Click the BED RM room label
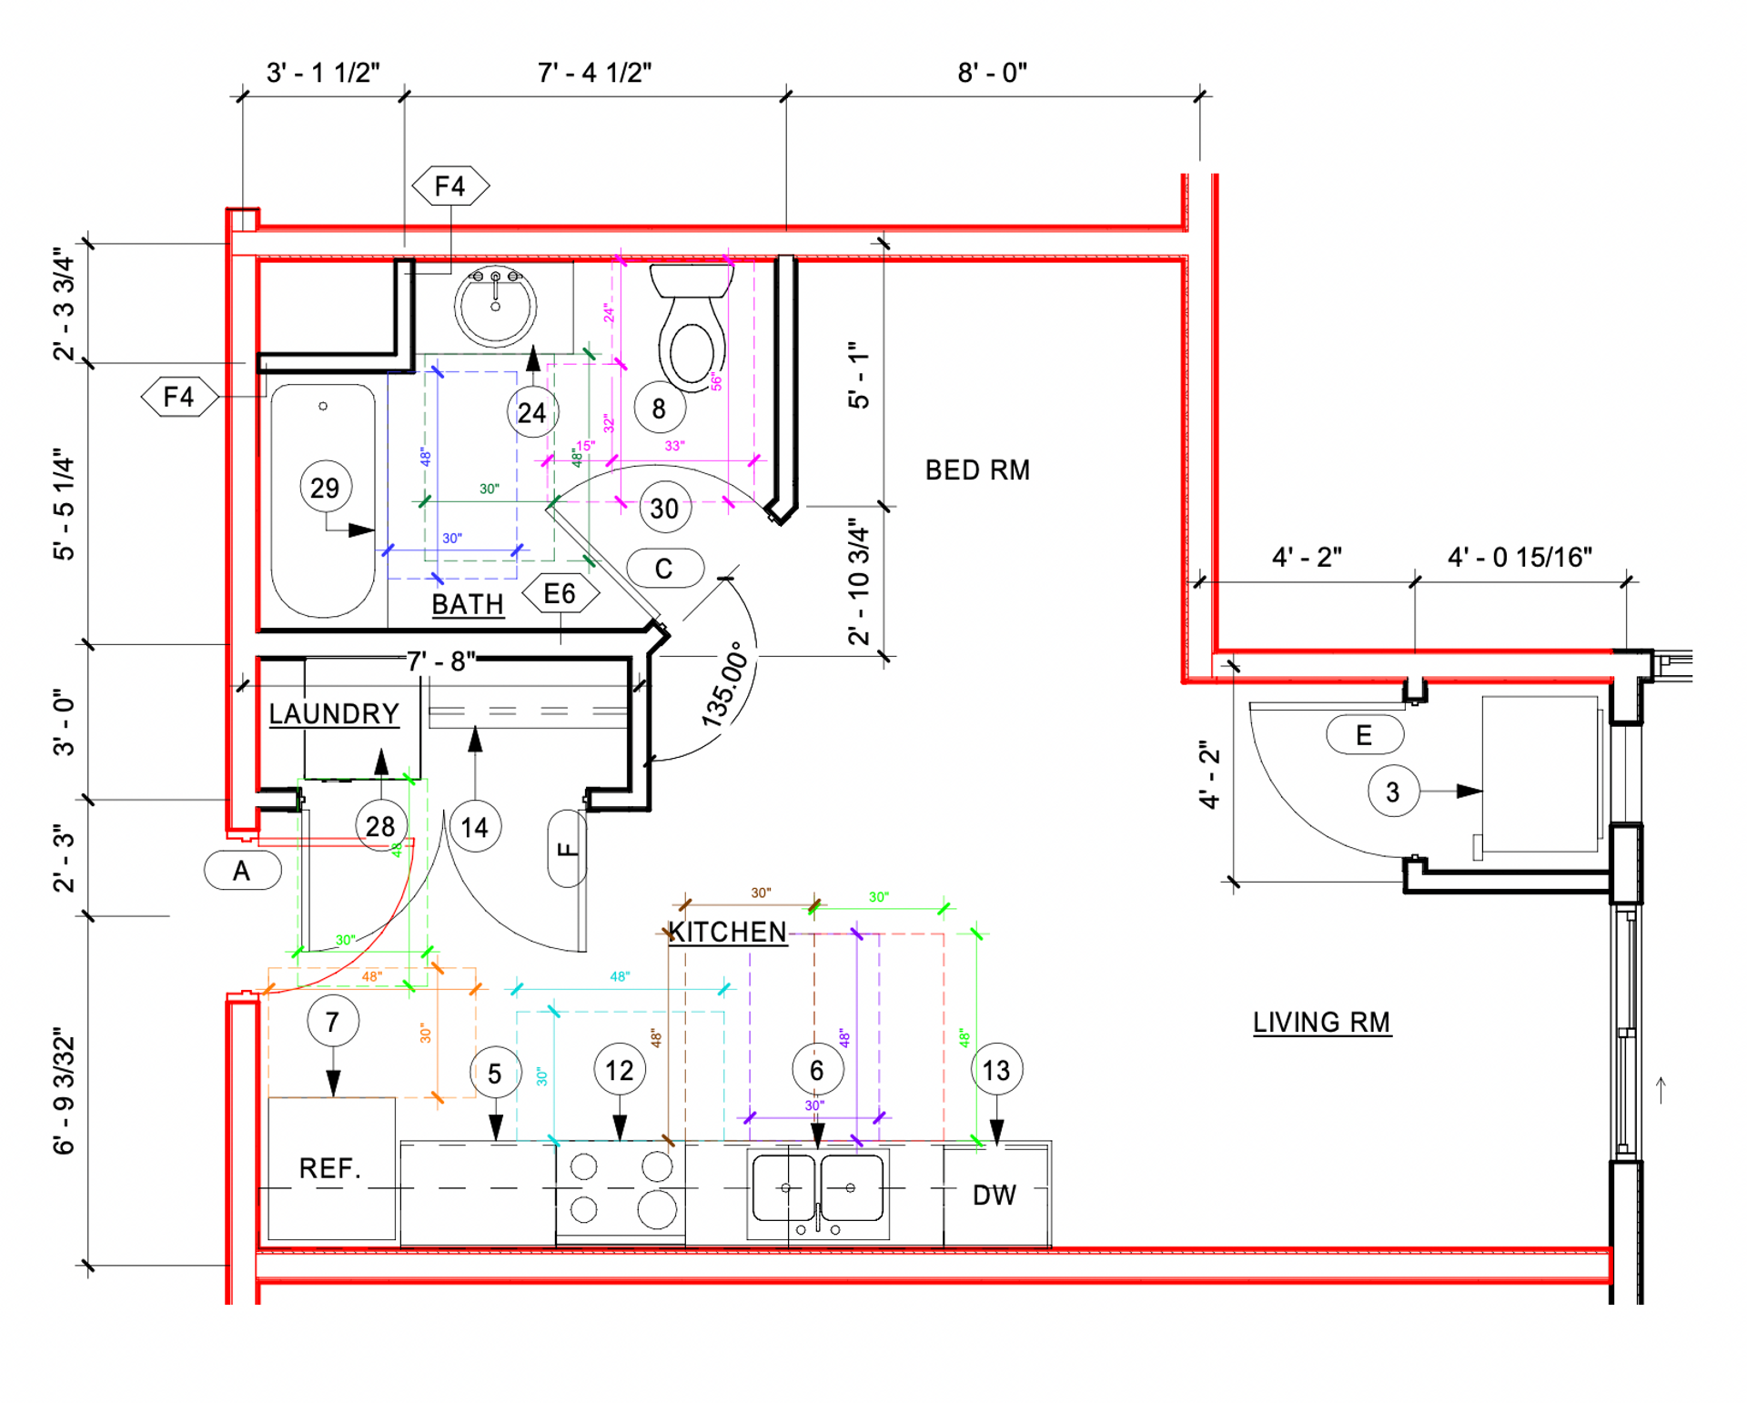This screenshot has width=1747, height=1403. pyautogui.click(x=977, y=470)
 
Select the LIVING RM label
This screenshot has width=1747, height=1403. pyautogui.click(x=1321, y=1023)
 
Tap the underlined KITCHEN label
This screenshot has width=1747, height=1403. pyautogui.click(x=727, y=933)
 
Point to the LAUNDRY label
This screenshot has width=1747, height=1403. pyautogui.click(x=334, y=714)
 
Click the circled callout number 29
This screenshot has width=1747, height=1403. pyautogui.click(x=325, y=489)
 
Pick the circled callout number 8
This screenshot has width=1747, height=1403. pyautogui.click(x=659, y=409)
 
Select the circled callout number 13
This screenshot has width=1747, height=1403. pyautogui.click(x=996, y=1071)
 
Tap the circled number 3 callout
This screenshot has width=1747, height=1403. pyautogui.click(x=1392, y=792)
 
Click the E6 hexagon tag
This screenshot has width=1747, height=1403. pyautogui.click(x=560, y=594)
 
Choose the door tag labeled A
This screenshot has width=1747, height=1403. pyautogui.click(x=241, y=872)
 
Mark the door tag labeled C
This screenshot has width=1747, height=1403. pyautogui.click(x=664, y=569)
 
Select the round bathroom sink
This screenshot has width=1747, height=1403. pyautogui.click(x=495, y=305)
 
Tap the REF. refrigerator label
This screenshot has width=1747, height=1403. pyautogui.click(x=330, y=1168)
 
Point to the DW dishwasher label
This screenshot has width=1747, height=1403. pyautogui.click(x=995, y=1196)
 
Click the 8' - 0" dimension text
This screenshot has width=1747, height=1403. pyautogui.click(x=992, y=73)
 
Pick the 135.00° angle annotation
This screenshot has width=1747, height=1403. pyautogui.click(x=726, y=685)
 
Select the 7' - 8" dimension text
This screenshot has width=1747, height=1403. pyautogui.click(x=440, y=661)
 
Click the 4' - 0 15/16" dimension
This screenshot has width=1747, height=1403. pyautogui.click(x=1520, y=557)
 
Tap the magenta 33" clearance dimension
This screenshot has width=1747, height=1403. pyautogui.click(x=674, y=446)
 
